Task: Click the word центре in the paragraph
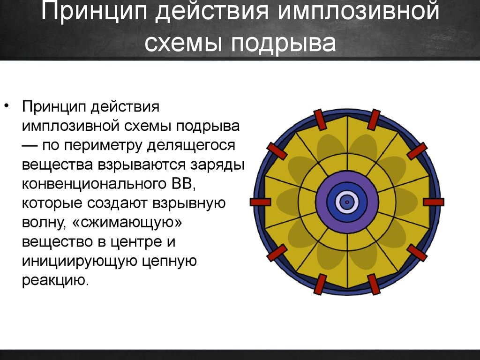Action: click(141, 242)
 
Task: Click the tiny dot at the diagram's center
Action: click(347, 202)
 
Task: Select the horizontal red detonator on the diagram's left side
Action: click(260, 202)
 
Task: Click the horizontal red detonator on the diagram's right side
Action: click(434, 202)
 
